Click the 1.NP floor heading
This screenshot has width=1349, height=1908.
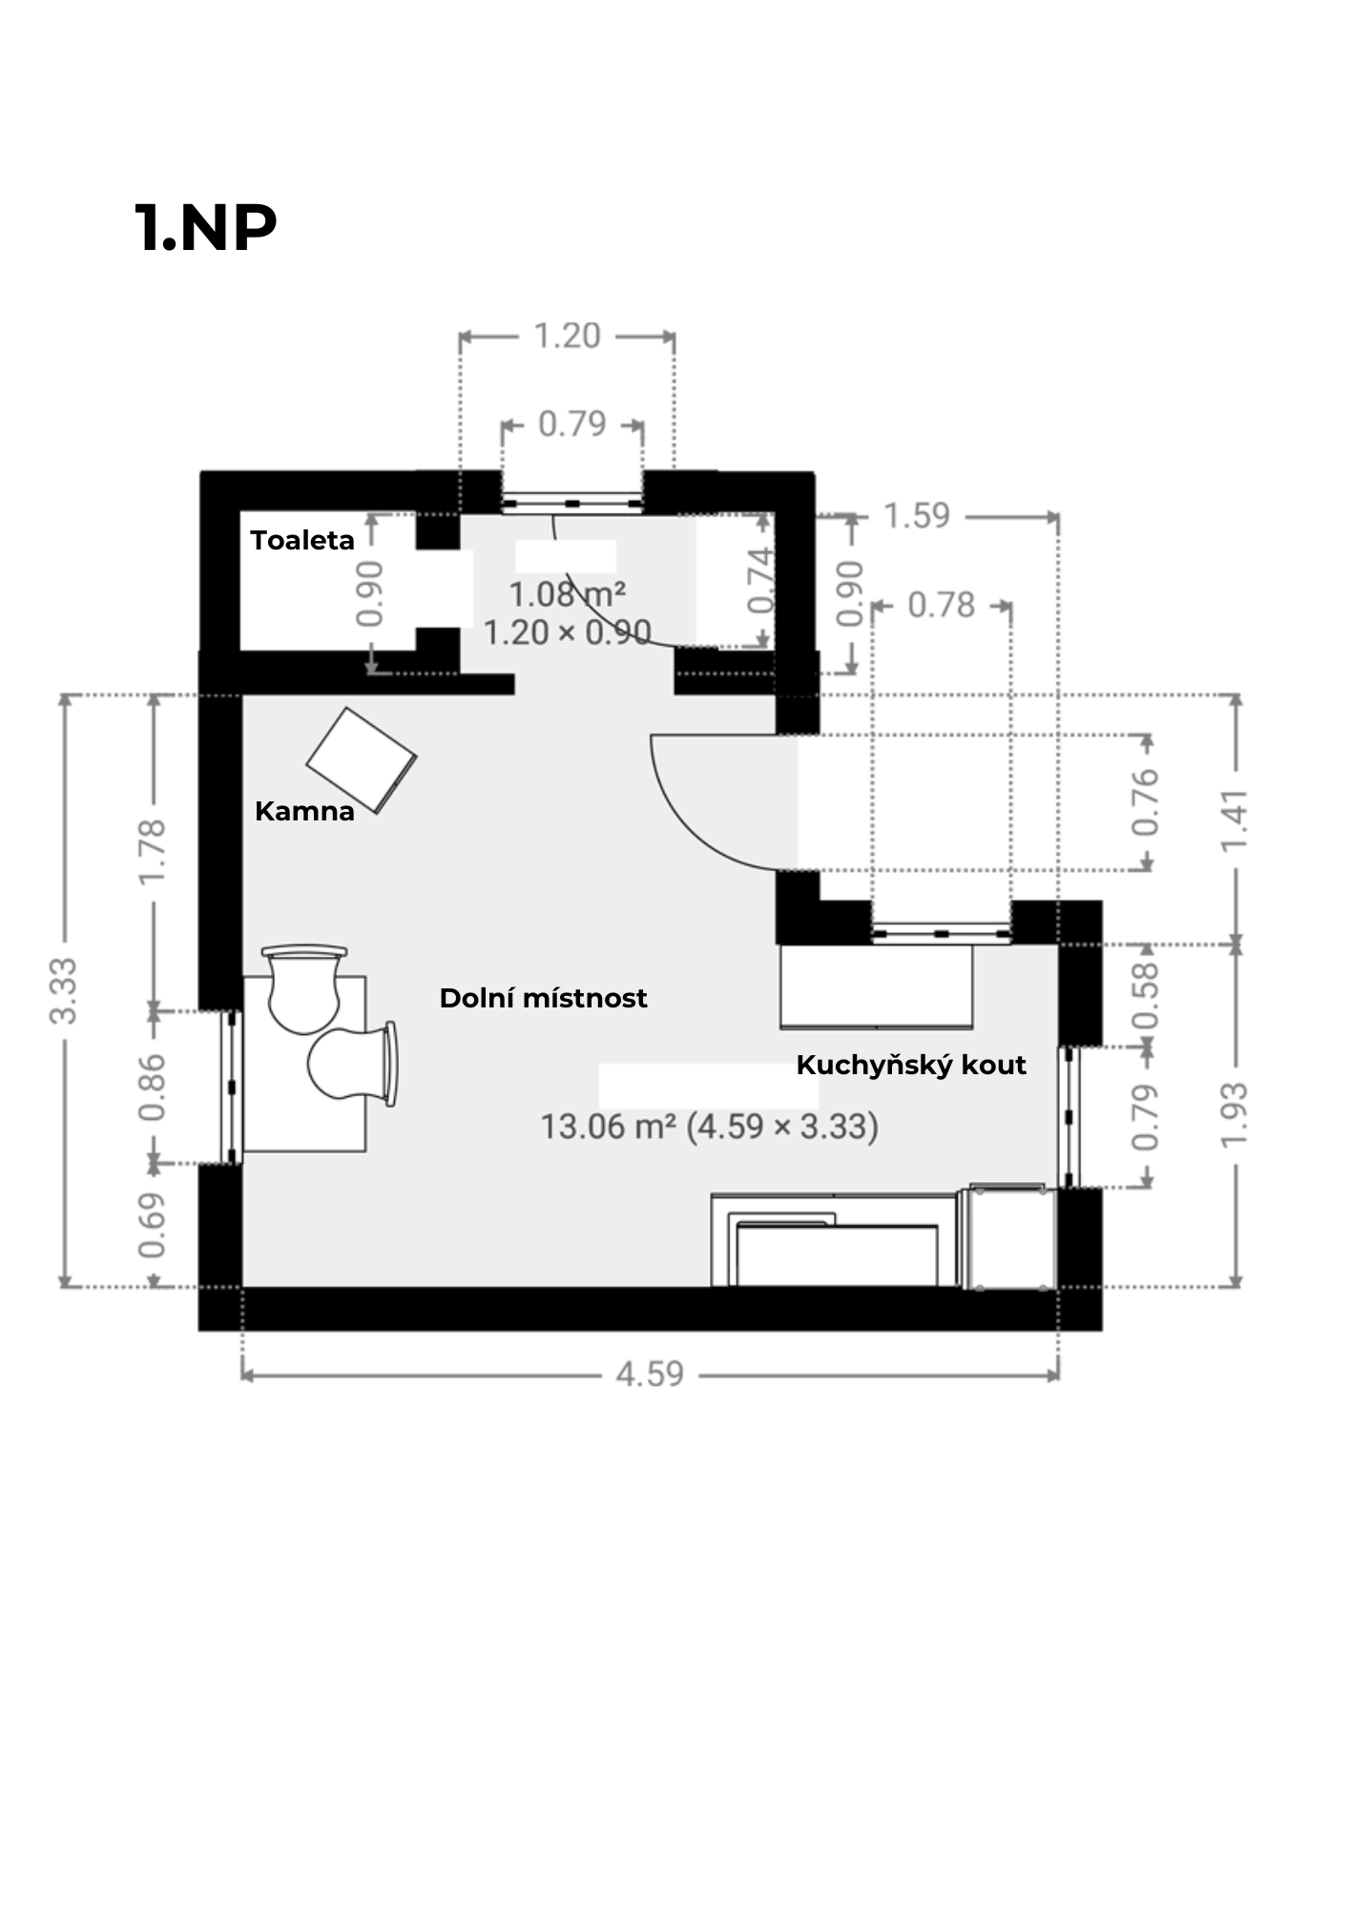click(205, 228)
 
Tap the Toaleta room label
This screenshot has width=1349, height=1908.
click(302, 540)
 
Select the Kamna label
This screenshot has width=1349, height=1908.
click(304, 811)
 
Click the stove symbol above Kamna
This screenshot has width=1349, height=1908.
click(362, 760)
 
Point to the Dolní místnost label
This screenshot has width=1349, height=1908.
click(543, 998)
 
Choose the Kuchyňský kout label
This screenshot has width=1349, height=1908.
click(911, 1065)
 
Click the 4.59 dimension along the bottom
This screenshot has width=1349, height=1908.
click(650, 1374)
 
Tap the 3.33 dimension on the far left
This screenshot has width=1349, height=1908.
click(64, 990)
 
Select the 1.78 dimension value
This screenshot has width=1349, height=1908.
click(153, 852)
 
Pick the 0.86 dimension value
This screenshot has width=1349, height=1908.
click(153, 1088)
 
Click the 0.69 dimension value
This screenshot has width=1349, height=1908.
click(153, 1226)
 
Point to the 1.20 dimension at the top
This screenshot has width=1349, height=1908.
click(567, 336)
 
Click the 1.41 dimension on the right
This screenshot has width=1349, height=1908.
click(1235, 820)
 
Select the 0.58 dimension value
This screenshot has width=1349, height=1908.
click(1145, 995)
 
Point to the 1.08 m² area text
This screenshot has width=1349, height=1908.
click(567, 594)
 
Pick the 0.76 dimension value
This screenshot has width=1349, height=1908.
click(1145, 802)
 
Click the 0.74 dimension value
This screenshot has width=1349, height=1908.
click(760, 580)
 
